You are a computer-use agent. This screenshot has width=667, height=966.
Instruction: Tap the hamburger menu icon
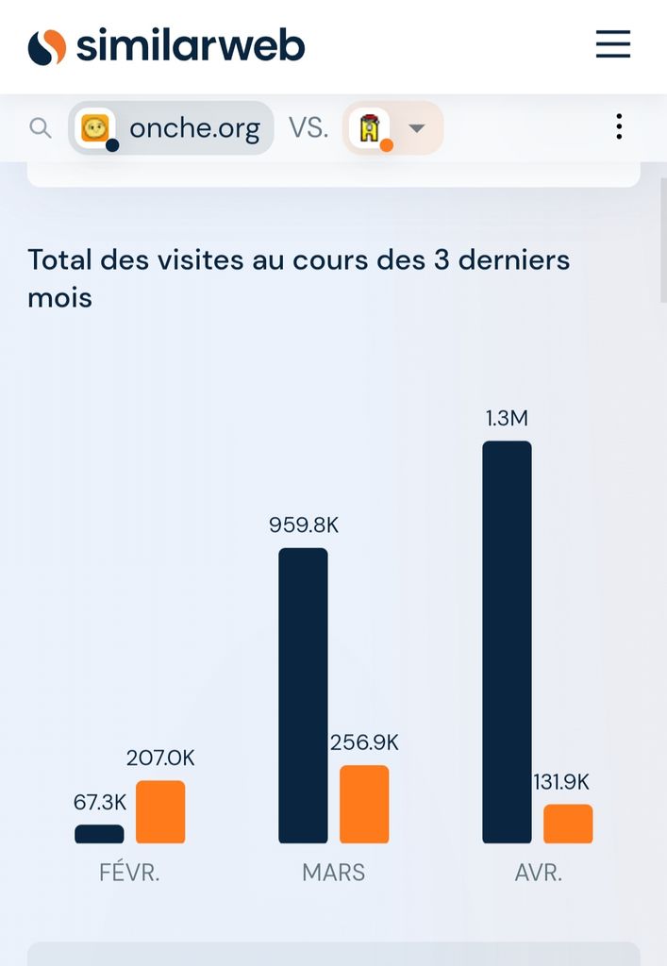(612, 44)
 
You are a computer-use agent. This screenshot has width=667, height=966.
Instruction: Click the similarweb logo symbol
(47, 46)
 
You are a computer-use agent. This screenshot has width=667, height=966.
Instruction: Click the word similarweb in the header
(190, 45)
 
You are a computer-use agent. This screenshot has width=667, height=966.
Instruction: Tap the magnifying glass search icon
(41, 127)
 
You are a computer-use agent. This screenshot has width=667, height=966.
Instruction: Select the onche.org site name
(194, 127)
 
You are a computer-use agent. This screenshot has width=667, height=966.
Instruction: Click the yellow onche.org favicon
(95, 127)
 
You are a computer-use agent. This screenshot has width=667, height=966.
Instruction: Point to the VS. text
(308, 127)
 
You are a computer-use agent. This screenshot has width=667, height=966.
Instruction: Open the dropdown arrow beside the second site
(416, 128)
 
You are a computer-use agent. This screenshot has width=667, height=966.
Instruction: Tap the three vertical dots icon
(619, 126)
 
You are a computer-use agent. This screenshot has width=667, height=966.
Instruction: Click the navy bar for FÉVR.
(99, 834)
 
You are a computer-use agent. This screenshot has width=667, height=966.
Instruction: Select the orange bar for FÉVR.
(160, 811)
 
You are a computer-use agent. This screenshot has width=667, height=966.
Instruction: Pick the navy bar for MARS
(303, 695)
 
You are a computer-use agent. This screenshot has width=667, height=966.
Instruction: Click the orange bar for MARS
(364, 804)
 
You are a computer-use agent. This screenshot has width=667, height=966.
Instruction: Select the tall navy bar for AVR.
(507, 641)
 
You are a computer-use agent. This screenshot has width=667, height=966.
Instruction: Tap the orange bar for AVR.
(568, 824)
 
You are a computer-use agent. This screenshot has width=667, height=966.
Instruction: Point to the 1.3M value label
(507, 418)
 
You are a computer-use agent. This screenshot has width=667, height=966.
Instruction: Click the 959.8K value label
(303, 525)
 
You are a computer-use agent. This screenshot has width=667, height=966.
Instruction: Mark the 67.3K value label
(100, 802)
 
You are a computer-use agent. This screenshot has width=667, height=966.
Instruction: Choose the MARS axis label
(333, 873)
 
